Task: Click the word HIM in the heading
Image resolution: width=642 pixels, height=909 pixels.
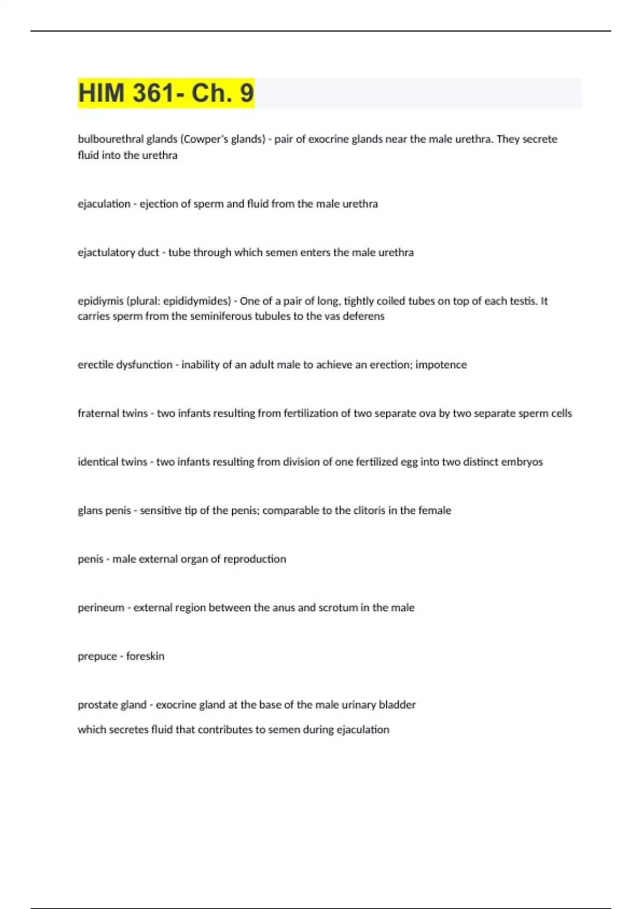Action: coord(102,93)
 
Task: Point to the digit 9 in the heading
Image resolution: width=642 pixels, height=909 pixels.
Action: coord(247,93)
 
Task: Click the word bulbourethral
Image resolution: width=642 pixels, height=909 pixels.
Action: coord(110,139)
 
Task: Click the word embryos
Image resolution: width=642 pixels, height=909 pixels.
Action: coord(522,462)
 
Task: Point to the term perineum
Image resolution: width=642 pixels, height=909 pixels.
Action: coord(101,608)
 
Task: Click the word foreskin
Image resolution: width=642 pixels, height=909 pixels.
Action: coord(145,656)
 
